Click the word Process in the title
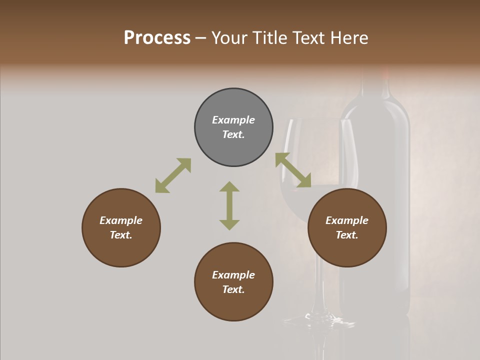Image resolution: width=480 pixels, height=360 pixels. click(x=157, y=38)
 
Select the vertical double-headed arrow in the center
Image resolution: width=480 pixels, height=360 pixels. click(x=229, y=206)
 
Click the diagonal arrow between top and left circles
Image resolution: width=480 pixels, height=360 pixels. click(x=173, y=175)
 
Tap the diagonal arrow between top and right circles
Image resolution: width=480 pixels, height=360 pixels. click(x=293, y=170)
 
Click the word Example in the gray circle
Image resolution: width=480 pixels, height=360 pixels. click(x=233, y=120)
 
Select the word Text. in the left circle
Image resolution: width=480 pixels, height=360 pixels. click(x=121, y=235)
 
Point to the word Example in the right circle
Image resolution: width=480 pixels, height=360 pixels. click(x=347, y=220)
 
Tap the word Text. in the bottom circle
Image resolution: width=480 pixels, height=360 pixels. click(x=233, y=289)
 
